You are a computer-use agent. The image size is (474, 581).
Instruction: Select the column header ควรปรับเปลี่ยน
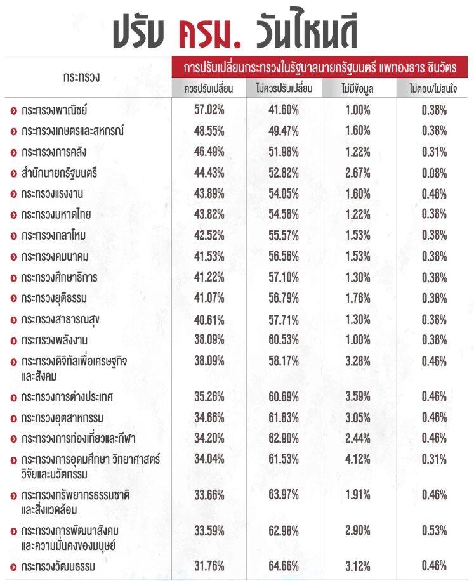pyautogui.click(x=209, y=88)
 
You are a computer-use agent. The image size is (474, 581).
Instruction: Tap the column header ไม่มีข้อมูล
pyautogui.click(x=358, y=89)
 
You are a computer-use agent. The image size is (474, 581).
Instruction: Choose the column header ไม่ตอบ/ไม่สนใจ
pyautogui.click(x=433, y=88)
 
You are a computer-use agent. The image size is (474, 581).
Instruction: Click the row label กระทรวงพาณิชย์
pyautogui.click(x=54, y=110)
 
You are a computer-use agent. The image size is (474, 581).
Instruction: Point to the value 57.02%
pyautogui.click(x=209, y=110)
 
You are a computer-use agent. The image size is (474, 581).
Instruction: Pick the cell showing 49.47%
pyautogui.click(x=284, y=131)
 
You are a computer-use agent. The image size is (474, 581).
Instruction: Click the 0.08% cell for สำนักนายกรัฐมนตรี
pyautogui.click(x=434, y=173)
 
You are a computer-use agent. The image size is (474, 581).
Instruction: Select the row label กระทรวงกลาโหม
pyautogui.click(x=53, y=235)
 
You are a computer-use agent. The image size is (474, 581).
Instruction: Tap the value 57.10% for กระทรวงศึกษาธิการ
pyautogui.click(x=284, y=277)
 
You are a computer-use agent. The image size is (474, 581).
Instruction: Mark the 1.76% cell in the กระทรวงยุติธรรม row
pyautogui.click(x=358, y=298)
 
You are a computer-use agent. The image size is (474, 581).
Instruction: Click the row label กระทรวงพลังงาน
pyautogui.click(x=54, y=340)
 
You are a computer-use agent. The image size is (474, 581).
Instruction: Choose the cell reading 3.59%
pyautogui.click(x=358, y=396)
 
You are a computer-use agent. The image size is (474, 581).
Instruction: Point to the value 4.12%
pyautogui.click(x=358, y=459)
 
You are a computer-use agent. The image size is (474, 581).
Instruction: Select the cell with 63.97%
pyautogui.click(x=284, y=495)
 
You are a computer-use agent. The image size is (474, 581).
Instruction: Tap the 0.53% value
pyautogui.click(x=434, y=531)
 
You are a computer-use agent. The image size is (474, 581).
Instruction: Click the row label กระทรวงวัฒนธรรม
pyautogui.click(x=58, y=566)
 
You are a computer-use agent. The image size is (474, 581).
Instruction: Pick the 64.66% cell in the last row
pyautogui.click(x=284, y=566)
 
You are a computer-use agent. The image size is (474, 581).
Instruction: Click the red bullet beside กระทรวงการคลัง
pyautogui.click(x=14, y=153)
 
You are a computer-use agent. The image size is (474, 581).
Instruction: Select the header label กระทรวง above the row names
pyautogui.click(x=81, y=77)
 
